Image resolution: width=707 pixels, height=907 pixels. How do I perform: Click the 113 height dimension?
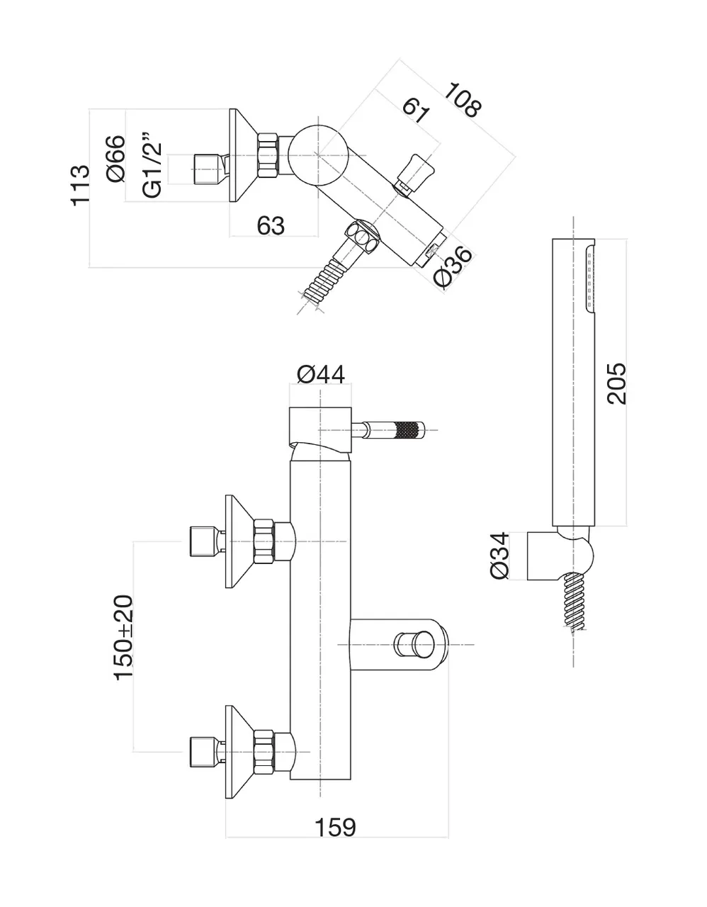tap(80, 186)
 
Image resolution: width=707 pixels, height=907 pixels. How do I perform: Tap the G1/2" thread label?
tap(152, 164)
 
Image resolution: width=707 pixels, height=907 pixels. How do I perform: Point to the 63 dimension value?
tap(271, 225)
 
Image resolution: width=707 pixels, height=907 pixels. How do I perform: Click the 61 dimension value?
tap(416, 110)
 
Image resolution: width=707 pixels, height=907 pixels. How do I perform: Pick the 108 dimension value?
tap(463, 99)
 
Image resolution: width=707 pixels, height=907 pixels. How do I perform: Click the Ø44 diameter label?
tap(321, 374)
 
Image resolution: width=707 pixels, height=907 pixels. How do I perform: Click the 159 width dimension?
tap(336, 826)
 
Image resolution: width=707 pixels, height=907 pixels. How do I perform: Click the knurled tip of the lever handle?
tap(409, 429)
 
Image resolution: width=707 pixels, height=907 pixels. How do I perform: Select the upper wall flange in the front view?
tap(239, 541)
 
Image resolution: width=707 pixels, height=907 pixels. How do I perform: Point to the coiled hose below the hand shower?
tap(575, 602)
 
